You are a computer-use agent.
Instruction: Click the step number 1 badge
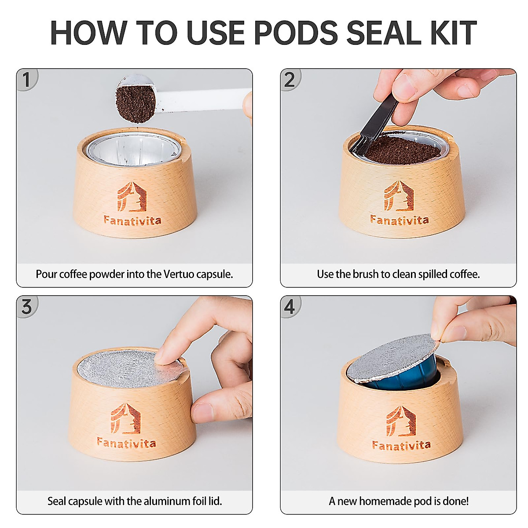pyautogui.click(x=26, y=80)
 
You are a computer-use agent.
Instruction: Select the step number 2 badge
pyautogui.click(x=290, y=80)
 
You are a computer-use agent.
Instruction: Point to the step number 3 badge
pyautogui.click(x=26, y=307)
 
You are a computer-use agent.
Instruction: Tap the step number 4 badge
pyautogui.click(x=290, y=307)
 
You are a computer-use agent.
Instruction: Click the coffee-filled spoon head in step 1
pyautogui.click(x=136, y=103)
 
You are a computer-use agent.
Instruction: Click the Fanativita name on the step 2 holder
pyautogui.click(x=399, y=219)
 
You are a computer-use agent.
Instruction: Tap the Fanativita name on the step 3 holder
pyautogui.click(x=126, y=442)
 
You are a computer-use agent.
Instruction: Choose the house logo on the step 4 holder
pyautogui.click(x=400, y=422)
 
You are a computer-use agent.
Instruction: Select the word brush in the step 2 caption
pyautogui.click(x=366, y=274)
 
